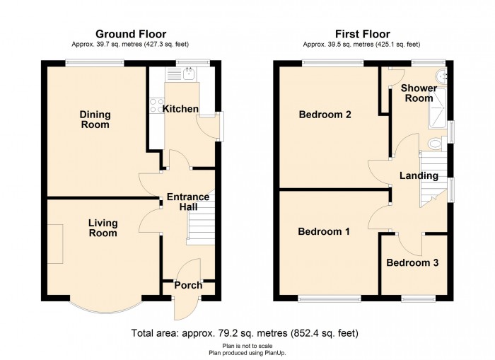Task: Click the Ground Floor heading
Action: (131, 34)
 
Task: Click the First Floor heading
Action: (362, 34)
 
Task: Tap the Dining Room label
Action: (95, 120)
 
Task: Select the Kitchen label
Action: (180, 109)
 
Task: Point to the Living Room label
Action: (103, 228)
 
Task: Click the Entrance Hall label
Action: (188, 202)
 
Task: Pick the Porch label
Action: (189, 285)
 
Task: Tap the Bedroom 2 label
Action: (325, 115)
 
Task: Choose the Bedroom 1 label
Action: (324, 231)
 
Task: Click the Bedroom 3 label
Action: (412, 262)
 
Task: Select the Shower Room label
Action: (419, 93)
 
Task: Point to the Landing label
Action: (419, 175)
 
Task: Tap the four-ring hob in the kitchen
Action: (156, 105)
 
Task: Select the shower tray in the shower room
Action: (438, 109)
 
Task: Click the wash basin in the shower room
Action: (442, 76)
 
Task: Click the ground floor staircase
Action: (201, 218)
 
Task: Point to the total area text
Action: (245, 333)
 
